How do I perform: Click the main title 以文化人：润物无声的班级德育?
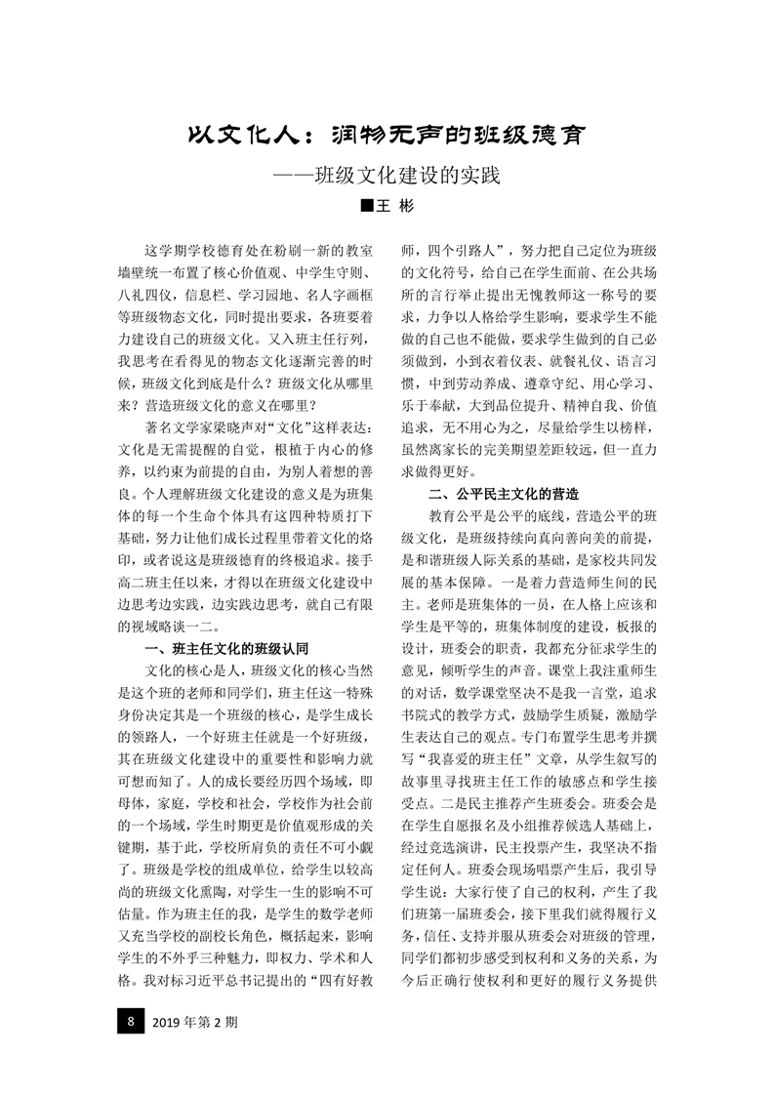pyautogui.click(x=387, y=135)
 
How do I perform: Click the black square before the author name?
pyautogui.click(x=366, y=206)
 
